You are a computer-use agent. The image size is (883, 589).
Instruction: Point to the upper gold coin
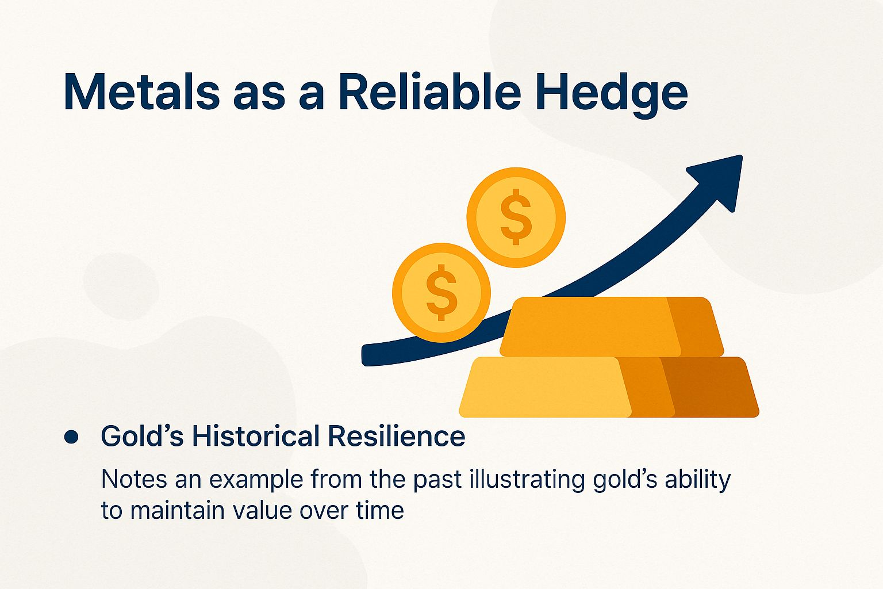click(x=516, y=217)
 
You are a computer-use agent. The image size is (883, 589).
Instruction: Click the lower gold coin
click(x=441, y=292)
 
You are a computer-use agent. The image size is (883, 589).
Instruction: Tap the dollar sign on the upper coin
click(x=516, y=217)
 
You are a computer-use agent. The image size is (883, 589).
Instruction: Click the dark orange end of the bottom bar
click(x=713, y=387)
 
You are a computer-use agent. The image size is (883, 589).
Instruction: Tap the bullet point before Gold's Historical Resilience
click(x=71, y=437)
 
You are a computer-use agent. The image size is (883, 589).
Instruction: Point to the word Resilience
click(x=397, y=436)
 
